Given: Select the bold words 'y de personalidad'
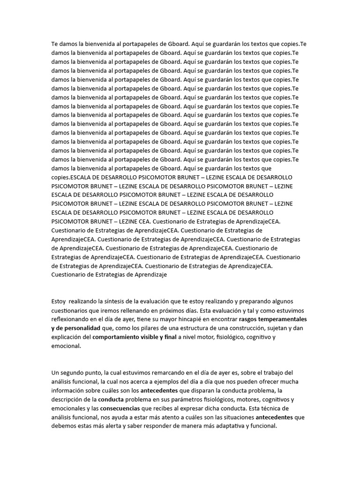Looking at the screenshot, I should click(x=76, y=328).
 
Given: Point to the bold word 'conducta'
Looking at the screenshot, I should click(x=111, y=399).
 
